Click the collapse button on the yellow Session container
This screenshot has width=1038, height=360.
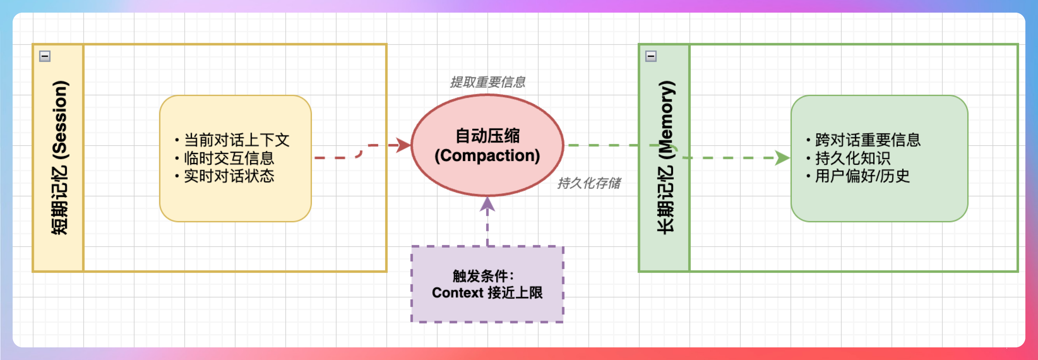(x=45, y=56)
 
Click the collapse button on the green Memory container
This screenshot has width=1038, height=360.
(x=651, y=56)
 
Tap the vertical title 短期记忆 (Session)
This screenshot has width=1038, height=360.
(x=60, y=157)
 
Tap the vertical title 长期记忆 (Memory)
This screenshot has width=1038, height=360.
(x=666, y=157)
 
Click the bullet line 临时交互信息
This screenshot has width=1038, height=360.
(x=229, y=158)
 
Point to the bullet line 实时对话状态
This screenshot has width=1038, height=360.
(x=229, y=176)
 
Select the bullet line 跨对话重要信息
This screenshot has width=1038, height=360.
(x=868, y=140)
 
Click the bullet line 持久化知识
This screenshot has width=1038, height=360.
(x=853, y=158)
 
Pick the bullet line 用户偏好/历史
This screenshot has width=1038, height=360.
(x=862, y=176)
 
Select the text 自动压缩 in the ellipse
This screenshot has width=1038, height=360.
(x=487, y=136)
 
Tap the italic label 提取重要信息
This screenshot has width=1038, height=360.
(x=487, y=82)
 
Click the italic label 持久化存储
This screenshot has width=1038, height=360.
(x=589, y=183)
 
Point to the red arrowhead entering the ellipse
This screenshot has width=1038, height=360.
(x=403, y=145)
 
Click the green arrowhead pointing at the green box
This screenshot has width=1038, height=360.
(x=782, y=158)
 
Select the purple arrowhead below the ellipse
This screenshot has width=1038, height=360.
(x=487, y=205)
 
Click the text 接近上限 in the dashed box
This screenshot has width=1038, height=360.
(x=516, y=293)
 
